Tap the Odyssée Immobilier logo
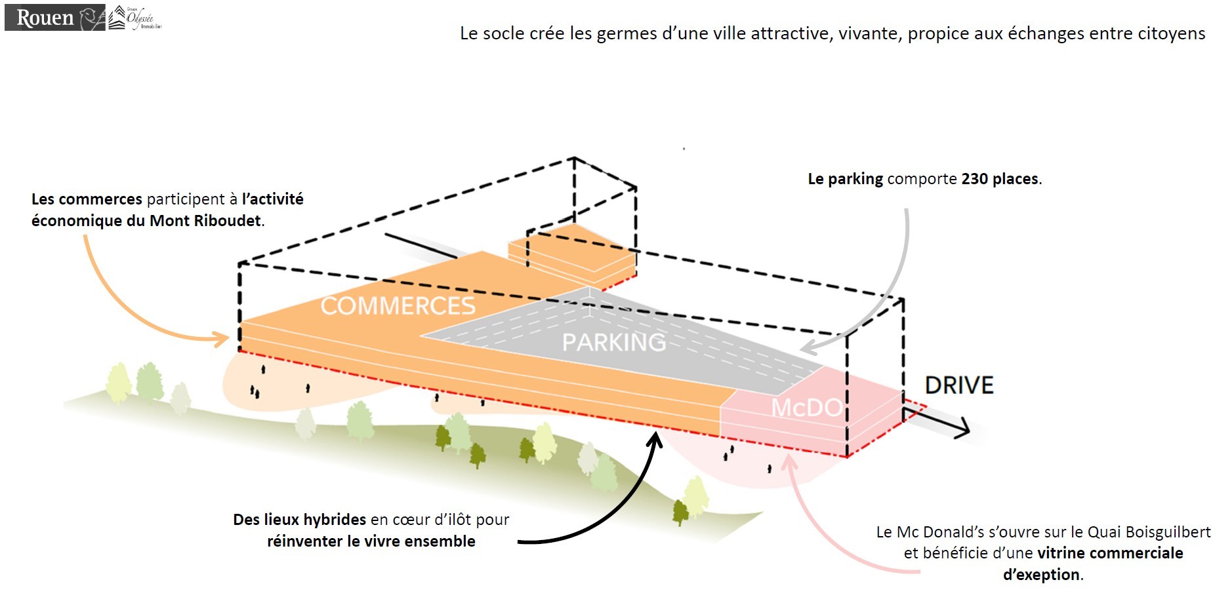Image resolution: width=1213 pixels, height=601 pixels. point(135,18)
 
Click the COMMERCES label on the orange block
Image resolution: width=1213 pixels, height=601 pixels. point(398,306)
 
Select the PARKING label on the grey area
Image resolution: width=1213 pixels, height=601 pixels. point(613,342)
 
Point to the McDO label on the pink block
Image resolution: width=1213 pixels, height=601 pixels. point(806,408)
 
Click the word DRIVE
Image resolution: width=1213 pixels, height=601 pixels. point(959,385)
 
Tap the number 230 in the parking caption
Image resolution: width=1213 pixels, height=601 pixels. point(976,179)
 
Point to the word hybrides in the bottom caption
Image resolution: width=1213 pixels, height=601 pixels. point(335,520)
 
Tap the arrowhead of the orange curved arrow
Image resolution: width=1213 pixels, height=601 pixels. point(223,338)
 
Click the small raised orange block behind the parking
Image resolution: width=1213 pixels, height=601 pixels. point(571,252)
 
